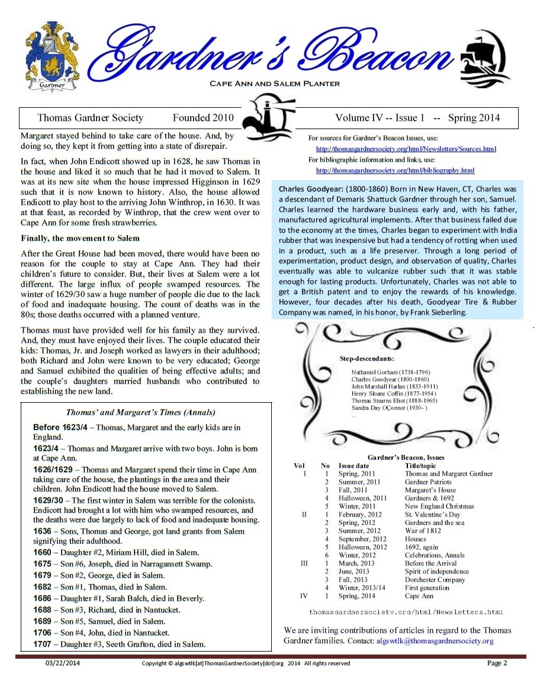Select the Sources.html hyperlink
[x=406, y=149]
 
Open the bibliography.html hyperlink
[x=395, y=171]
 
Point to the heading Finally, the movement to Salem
[x=81, y=238]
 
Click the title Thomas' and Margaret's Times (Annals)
[x=140, y=412]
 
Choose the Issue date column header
[x=356, y=465]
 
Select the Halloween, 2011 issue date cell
[x=362, y=498]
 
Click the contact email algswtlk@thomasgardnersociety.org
[x=435, y=641]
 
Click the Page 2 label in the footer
[x=497, y=663]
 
